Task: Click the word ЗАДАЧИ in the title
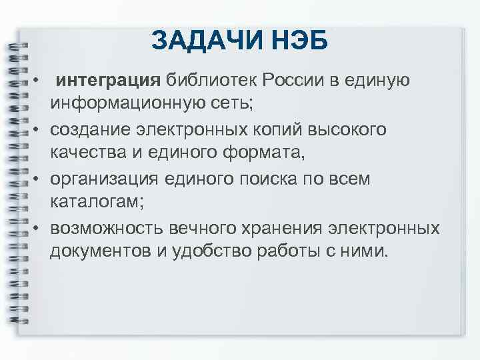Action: point(199,40)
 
